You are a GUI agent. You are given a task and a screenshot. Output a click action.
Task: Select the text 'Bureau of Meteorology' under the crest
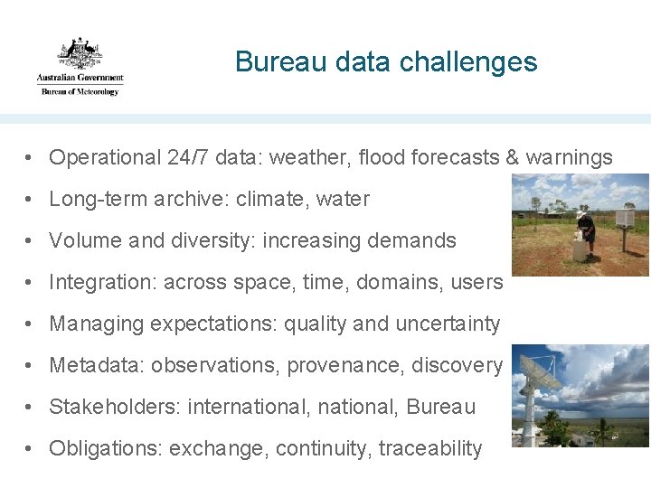[79, 91]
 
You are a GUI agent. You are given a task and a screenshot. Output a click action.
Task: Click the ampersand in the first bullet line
[512, 157]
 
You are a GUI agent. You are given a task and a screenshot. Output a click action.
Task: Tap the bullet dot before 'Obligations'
[31, 448]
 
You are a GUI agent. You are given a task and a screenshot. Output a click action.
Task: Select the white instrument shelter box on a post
[625, 220]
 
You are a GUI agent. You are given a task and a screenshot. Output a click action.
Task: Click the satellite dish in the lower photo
[537, 371]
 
